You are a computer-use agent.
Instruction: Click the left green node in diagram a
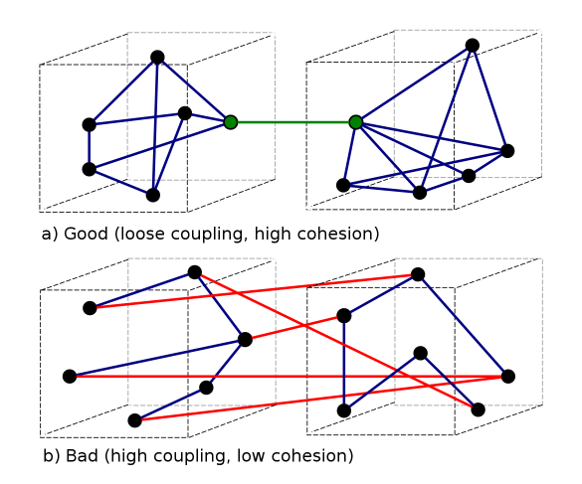(231, 122)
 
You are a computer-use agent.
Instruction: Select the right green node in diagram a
(356, 122)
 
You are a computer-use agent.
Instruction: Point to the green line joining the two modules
(293, 122)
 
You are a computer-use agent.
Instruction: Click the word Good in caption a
(86, 234)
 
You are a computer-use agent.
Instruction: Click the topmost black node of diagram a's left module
(157, 58)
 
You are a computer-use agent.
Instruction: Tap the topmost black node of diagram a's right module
(473, 46)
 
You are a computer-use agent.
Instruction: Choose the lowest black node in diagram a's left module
(153, 195)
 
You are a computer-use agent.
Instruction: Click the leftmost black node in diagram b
(70, 377)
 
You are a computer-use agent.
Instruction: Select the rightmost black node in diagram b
(508, 377)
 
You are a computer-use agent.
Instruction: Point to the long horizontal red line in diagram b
(289, 377)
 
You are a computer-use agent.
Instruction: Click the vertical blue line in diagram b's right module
(344, 364)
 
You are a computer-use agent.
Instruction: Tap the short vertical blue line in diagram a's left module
(90, 147)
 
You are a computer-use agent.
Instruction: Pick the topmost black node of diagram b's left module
(194, 272)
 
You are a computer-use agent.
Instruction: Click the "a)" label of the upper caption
(50, 235)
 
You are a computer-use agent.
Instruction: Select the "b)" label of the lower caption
(52, 456)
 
